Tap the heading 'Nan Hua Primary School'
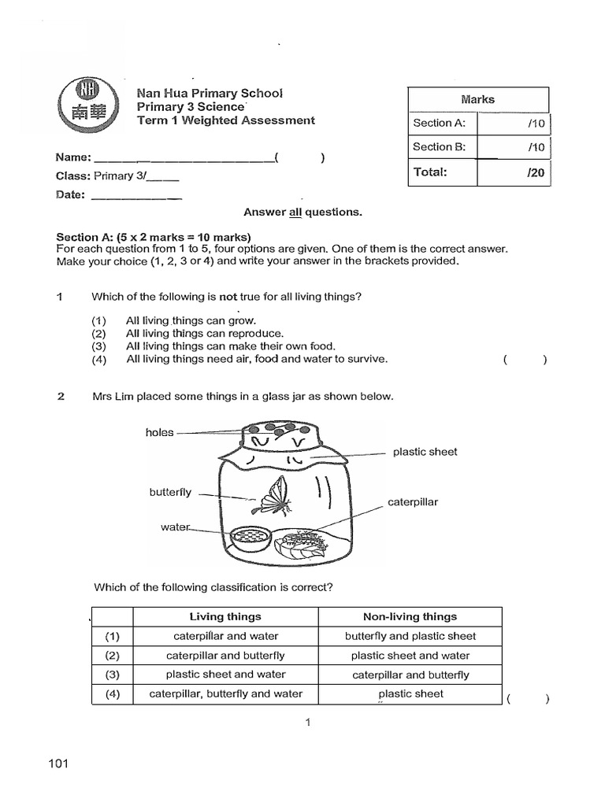(210, 93)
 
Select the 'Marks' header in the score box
(478, 99)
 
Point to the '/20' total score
(536, 172)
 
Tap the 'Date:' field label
(70, 194)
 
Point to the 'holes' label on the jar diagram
(159, 432)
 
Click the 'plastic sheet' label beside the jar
(425, 452)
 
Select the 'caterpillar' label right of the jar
(413, 501)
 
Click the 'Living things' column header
(225, 617)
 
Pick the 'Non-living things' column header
(410, 617)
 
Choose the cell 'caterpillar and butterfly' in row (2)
(225, 656)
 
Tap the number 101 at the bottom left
(59, 763)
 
